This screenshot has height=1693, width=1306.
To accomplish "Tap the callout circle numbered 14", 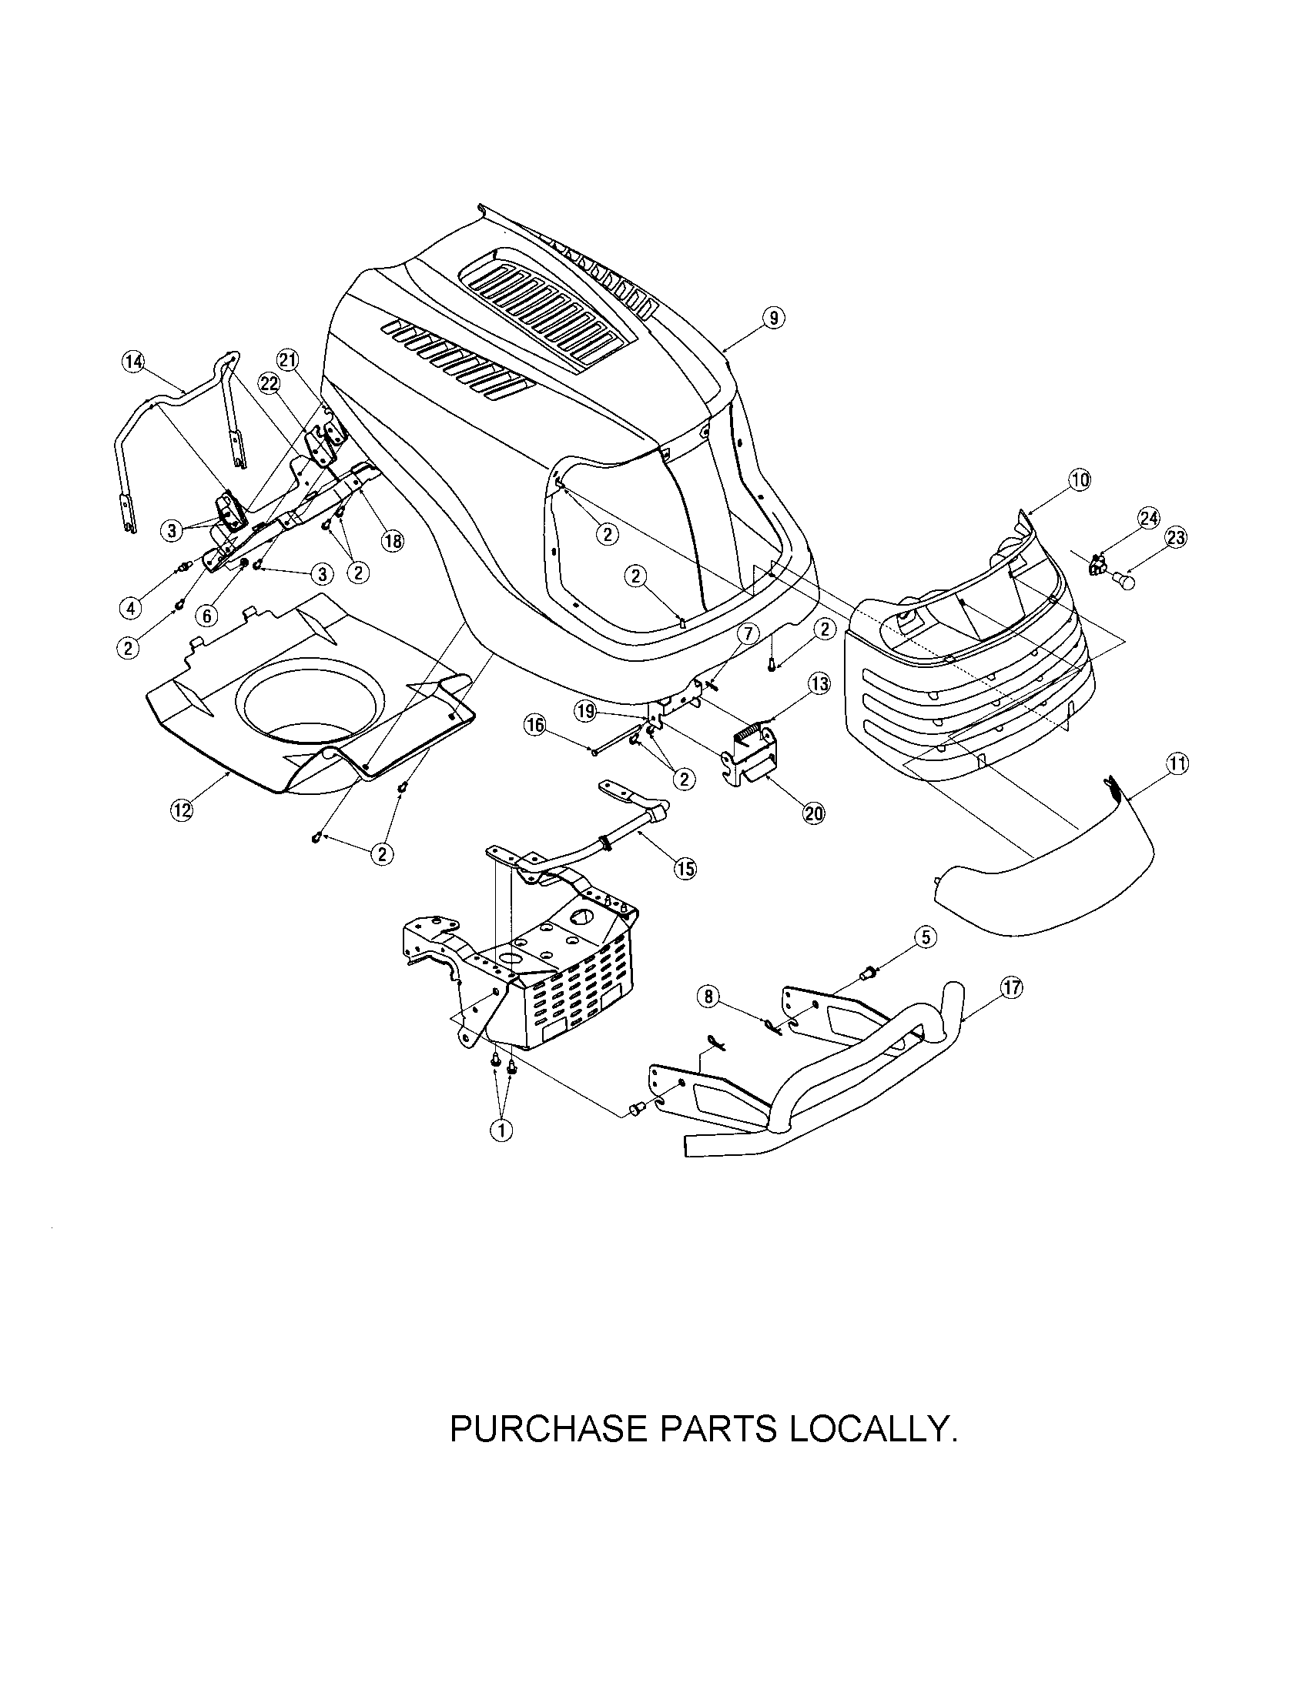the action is pyautogui.click(x=133, y=362).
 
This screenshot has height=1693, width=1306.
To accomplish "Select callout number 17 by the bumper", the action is pyautogui.click(x=1012, y=987).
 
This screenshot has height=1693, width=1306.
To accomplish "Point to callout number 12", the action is pyautogui.click(x=181, y=810).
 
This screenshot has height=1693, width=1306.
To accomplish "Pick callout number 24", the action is pyautogui.click(x=1149, y=519).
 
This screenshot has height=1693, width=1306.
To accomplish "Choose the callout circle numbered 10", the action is pyautogui.click(x=1080, y=481).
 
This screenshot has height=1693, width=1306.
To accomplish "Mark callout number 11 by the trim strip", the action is pyautogui.click(x=1177, y=764).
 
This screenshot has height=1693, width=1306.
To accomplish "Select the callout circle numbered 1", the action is pyautogui.click(x=502, y=1131).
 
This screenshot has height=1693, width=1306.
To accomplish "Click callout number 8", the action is pyautogui.click(x=707, y=997).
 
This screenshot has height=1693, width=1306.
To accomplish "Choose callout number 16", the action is pyautogui.click(x=535, y=726).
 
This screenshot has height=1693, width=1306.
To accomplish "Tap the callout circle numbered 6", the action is pyautogui.click(x=206, y=616).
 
